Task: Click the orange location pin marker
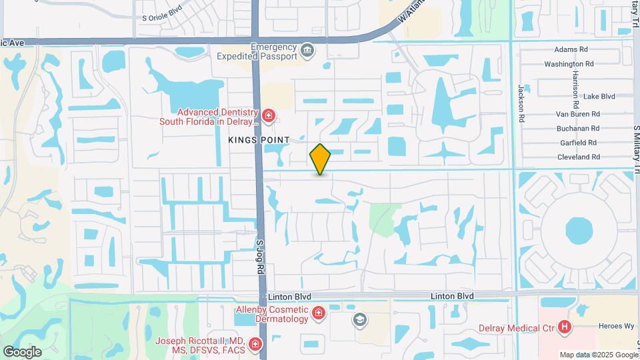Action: pos(321,159)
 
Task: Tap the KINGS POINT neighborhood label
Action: pos(259,139)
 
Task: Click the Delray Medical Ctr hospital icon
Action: pos(565,327)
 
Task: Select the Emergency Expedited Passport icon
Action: pos(307,51)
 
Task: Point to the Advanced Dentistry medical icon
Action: pos(269,117)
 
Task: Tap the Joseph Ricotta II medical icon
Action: pos(255,345)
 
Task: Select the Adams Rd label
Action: pos(571,49)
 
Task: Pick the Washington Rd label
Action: pos(569,64)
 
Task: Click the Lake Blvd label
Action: pos(599,96)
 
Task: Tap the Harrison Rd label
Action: pos(575,91)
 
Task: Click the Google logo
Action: pos(22,351)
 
